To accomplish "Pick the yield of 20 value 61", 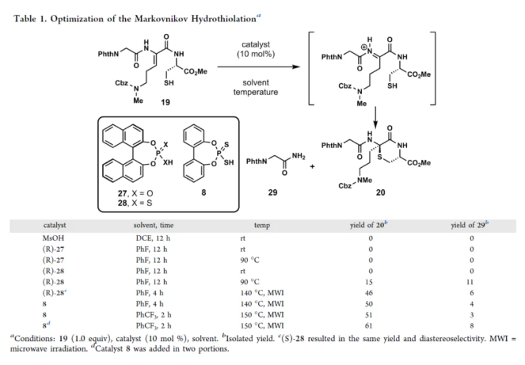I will point(363,325).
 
